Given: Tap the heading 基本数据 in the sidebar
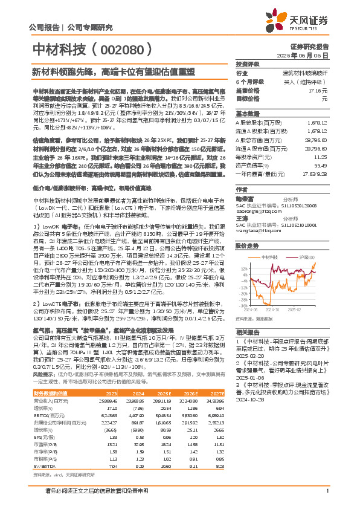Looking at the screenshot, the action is point(246,113).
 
